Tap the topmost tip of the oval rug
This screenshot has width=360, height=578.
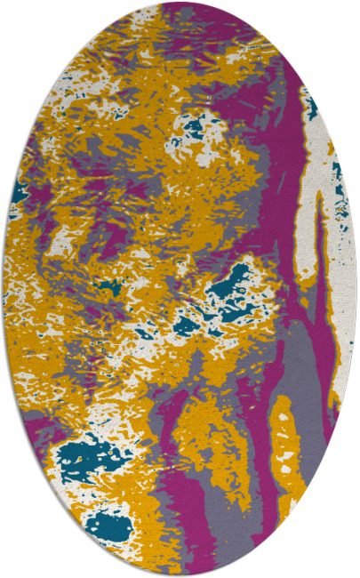click(x=180, y=4)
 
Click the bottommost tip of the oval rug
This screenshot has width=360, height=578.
click(x=180, y=574)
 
